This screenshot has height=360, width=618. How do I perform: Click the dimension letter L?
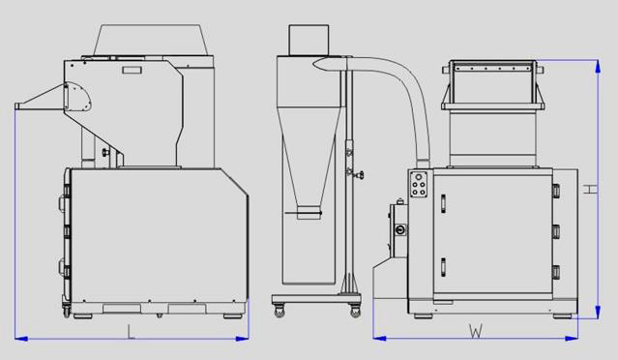131,332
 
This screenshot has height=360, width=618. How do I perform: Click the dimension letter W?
476,331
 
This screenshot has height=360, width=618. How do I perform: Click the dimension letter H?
590,190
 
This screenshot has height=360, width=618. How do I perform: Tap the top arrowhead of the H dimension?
598,66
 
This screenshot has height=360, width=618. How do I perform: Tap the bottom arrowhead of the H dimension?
598,312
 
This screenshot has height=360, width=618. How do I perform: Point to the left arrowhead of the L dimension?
21,339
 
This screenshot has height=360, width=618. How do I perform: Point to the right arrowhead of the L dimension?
242,339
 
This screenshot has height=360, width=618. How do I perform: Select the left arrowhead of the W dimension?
379,338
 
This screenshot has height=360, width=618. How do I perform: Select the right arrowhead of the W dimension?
572,338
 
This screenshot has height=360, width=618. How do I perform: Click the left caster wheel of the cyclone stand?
280,312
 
